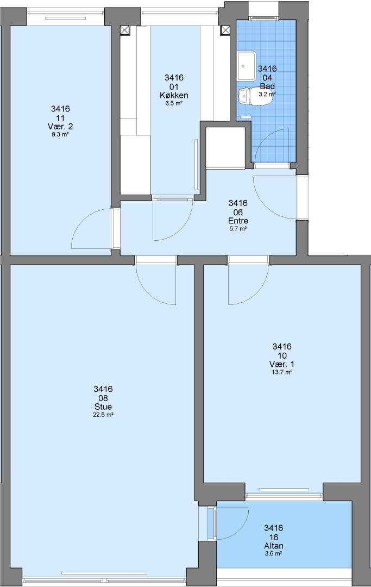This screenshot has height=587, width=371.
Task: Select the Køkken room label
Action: [174, 96]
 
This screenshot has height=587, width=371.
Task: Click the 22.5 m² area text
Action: [103, 415]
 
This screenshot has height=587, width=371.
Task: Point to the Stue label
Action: [103, 407]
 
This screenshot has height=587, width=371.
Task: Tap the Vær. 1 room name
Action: [281, 364]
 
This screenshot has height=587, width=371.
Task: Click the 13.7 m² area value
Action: [281, 372]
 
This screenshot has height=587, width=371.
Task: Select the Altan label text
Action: [273, 546]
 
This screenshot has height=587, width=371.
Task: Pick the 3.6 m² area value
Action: [273, 554]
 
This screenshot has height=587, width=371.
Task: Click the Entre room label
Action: [238, 221]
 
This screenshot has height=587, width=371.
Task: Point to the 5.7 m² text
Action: [238, 229]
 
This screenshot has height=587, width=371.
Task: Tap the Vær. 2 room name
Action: [60, 127]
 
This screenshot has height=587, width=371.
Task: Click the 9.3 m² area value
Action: [60, 134]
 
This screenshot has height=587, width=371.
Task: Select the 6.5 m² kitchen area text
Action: [174, 103]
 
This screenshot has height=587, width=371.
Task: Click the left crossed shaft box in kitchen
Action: [124, 30]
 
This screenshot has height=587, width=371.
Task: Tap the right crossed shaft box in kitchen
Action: [225, 30]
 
